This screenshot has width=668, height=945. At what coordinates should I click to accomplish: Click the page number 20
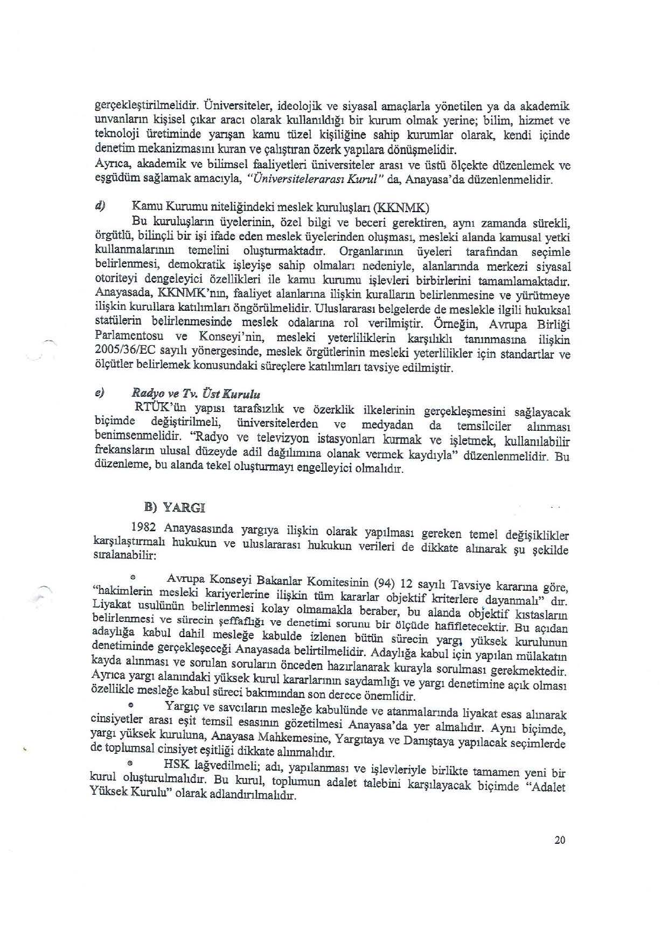[x=559, y=839]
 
